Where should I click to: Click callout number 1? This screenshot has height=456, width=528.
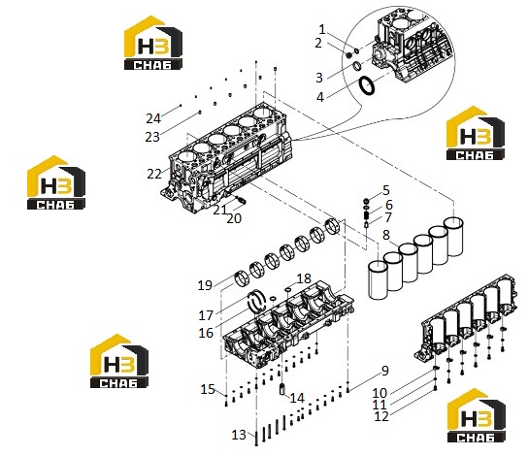click(322, 30)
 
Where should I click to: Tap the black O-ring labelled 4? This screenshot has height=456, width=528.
click(366, 85)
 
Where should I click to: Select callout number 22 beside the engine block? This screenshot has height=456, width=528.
click(154, 174)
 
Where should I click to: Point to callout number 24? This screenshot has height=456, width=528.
click(153, 118)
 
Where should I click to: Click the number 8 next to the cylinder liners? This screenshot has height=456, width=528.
click(386, 235)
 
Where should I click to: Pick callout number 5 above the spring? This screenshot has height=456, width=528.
click(386, 190)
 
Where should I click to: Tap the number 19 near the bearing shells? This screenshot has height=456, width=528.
click(205, 285)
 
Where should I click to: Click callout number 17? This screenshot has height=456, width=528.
click(206, 315)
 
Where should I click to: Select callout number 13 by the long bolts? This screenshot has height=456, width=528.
click(239, 435)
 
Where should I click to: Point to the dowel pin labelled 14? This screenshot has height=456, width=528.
click(282, 389)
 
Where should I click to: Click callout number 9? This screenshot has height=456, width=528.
click(385, 371)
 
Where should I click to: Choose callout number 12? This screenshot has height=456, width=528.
click(381, 416)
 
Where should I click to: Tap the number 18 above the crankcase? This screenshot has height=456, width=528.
click(304, 278)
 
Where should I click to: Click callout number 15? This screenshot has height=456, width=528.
click(208, 389)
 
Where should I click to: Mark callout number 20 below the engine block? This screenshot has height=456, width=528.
click(234, 218)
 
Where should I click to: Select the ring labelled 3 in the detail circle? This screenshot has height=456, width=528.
click(357, 66)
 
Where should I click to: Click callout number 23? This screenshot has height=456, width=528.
click(152, 137)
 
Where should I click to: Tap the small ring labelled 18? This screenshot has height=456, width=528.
click(288, 289)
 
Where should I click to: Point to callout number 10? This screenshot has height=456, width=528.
click(379, 393)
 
